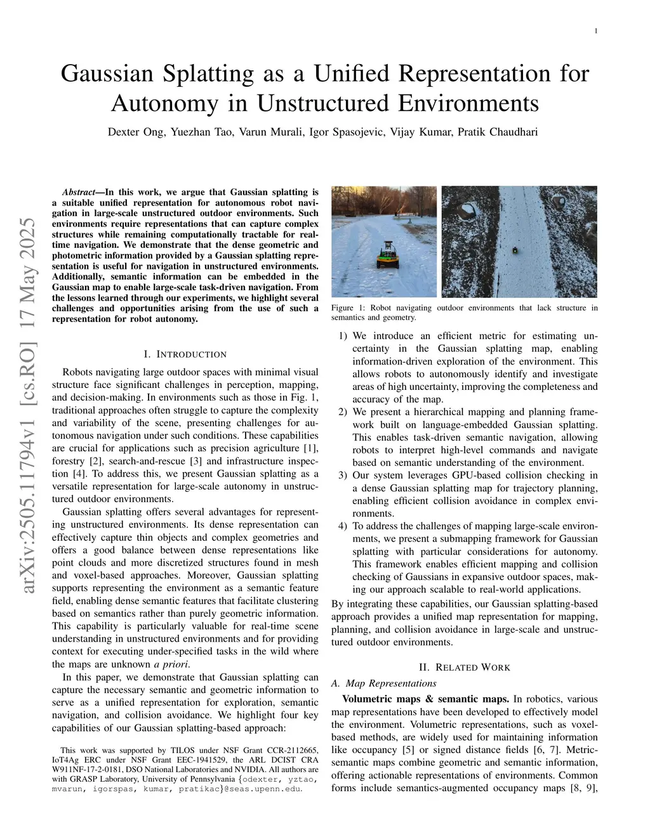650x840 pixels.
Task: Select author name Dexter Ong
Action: coord(135,132)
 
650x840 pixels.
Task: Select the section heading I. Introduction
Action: coord(185,354)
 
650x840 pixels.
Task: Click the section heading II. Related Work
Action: coord(465,667)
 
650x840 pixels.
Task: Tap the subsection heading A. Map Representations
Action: coord(384,683)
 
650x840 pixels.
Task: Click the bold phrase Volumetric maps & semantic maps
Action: coord(425,699)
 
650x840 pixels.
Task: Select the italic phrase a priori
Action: coord(171,664)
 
